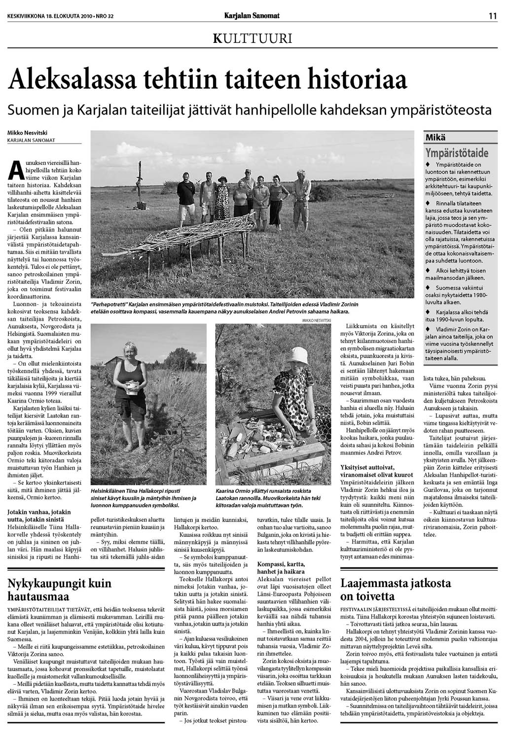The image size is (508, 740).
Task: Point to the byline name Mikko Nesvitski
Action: coord(27,133)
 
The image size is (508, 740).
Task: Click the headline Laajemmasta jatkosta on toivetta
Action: coord(396,589)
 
